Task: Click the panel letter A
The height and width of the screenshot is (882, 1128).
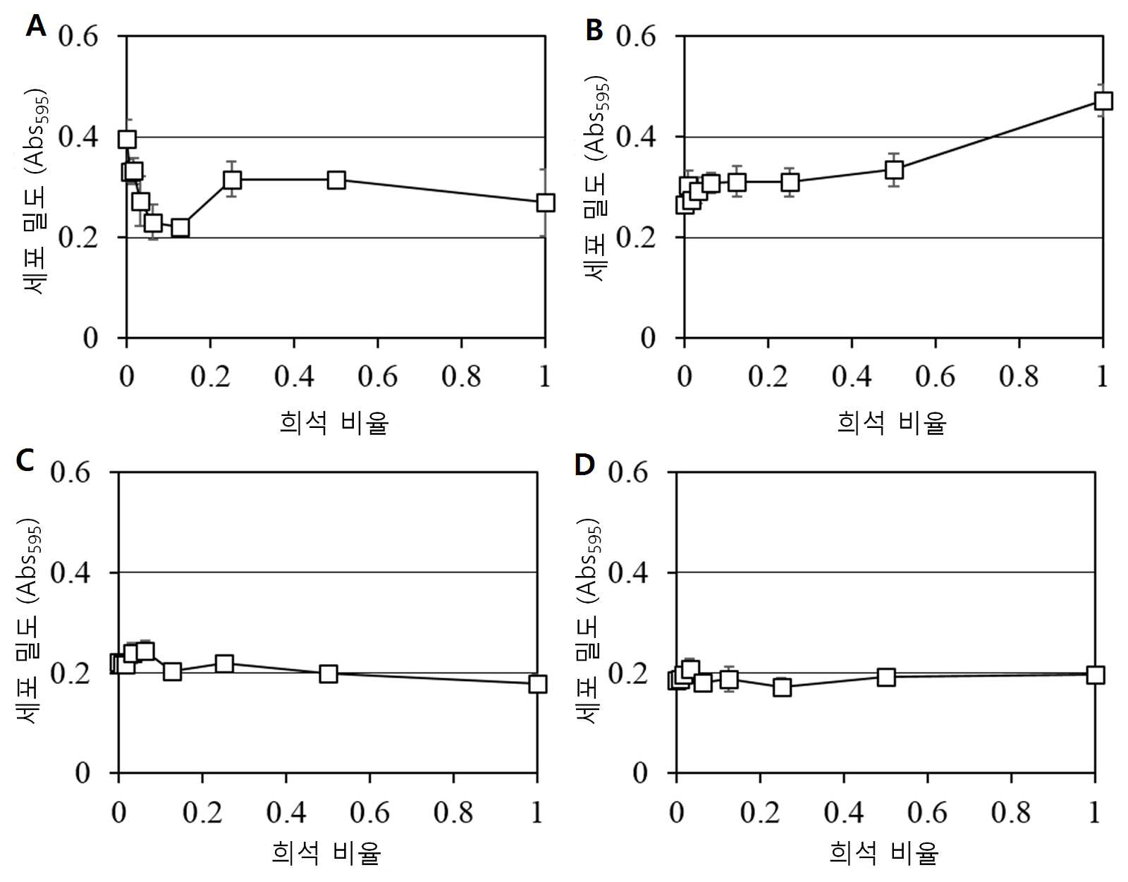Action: [x=35, y=25]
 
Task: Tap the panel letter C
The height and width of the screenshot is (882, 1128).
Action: [x=25, y=460]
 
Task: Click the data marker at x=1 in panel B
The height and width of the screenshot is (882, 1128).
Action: [x=1103, y=101]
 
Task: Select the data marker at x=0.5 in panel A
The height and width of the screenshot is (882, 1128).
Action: [x=336, y=180]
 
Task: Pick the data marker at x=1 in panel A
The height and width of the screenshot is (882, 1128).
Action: [x=545, y=202]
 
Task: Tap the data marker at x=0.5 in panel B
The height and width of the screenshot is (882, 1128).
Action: [x=894, y=170]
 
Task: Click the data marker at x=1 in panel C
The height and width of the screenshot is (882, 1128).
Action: [x=537, y=684]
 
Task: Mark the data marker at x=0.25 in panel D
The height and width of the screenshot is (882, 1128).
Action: [x=782, y=687]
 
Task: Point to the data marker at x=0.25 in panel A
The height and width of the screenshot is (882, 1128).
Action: [x=232, y=180]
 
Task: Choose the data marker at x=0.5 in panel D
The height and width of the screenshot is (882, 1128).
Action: [x=886, y=677]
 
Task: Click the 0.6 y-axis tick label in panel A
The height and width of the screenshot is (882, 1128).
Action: [x=78, y=37]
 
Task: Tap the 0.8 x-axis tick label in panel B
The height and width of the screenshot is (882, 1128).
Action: [x=1019, y=376]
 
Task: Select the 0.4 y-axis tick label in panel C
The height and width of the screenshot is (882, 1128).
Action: [x=70, y=572]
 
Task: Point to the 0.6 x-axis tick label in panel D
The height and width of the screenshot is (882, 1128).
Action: [x=927, y=811]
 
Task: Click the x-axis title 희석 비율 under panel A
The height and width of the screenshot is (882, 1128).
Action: [x=333, y=422]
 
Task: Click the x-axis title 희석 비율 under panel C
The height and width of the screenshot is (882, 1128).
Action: [x=326, y=853]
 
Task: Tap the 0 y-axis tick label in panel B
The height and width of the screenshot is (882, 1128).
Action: [x=649, y=338]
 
